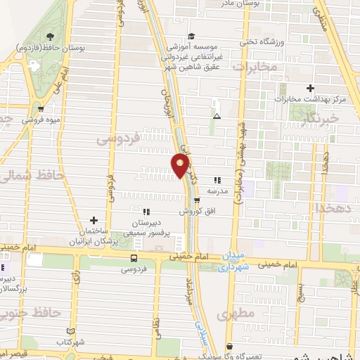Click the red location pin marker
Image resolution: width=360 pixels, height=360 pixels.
180,165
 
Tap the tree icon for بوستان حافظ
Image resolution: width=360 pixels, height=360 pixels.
49,37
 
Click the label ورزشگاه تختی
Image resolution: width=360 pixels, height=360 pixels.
262,41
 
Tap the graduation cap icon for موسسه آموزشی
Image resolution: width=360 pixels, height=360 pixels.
191,37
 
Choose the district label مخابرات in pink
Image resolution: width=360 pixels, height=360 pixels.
255,67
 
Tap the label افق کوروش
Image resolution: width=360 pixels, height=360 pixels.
191,211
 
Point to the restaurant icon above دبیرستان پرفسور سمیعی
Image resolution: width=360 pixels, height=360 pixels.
145,211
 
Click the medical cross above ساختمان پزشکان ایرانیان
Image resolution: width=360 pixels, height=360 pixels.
94,221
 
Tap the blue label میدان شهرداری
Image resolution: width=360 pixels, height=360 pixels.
233,262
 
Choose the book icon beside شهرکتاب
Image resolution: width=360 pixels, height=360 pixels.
69,330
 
